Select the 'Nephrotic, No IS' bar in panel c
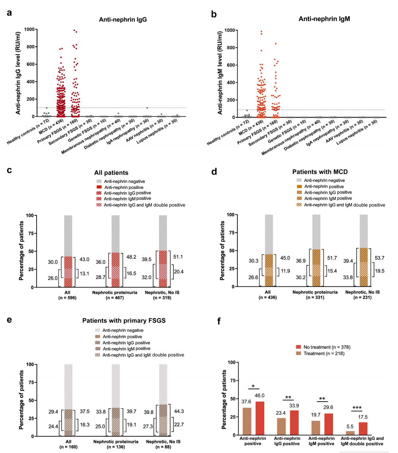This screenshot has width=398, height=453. point(163,251)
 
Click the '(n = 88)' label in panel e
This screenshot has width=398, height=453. point(163,447)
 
